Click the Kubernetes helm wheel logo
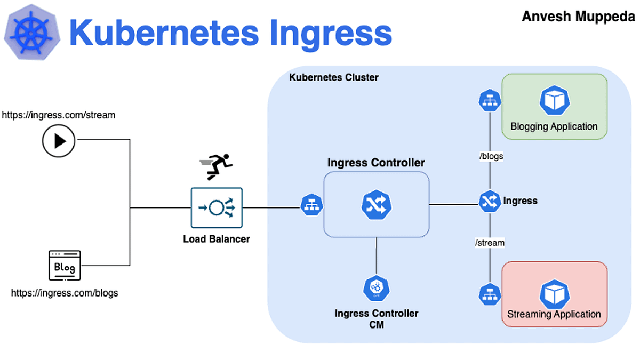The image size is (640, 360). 32,33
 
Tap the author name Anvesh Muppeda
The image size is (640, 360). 578,17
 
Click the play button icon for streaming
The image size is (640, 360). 59,141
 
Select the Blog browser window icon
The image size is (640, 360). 65,265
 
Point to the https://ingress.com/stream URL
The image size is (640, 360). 59,115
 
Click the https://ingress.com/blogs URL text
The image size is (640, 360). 65,293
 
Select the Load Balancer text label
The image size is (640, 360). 217,239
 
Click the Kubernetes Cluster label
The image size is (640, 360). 333,77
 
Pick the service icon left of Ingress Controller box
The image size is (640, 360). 311,205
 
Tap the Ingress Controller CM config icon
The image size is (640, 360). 377,289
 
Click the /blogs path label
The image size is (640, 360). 491,156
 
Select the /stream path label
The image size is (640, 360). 490,243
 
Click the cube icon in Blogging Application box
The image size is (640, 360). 555,101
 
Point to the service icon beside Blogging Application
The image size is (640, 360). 489,101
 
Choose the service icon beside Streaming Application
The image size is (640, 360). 489,293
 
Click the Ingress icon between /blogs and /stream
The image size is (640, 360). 489,201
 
